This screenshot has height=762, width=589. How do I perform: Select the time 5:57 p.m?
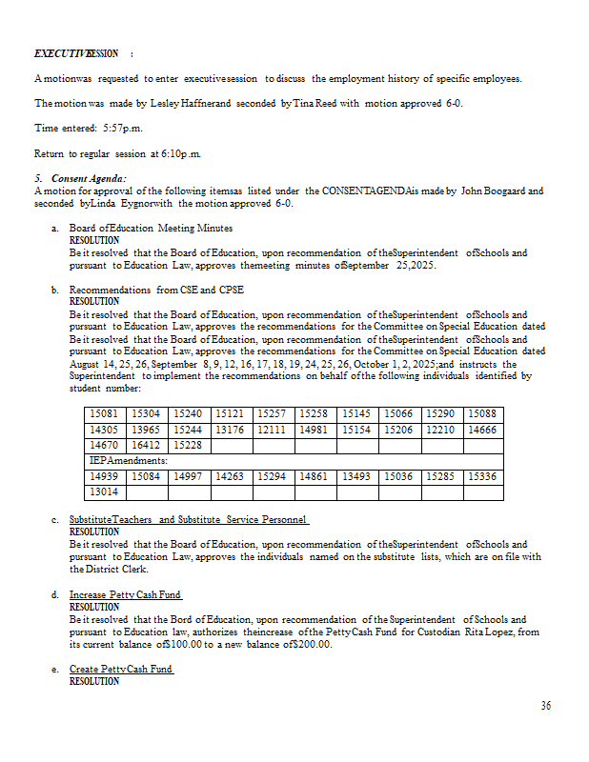click(x=122, y=128)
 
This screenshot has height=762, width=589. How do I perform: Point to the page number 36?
click(x=545, y=706)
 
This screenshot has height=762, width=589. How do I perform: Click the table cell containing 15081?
click(x=104, y=414)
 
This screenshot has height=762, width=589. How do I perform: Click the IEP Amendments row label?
click(x=128, y=460)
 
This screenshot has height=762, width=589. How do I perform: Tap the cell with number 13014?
click(x=104, y=491)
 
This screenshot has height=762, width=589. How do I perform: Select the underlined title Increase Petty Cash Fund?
click(x=125, y=595)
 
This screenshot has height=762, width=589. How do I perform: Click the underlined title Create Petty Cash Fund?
click(x=121, y=670)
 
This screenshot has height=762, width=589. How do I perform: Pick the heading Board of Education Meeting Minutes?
click(x=151, y=229)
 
